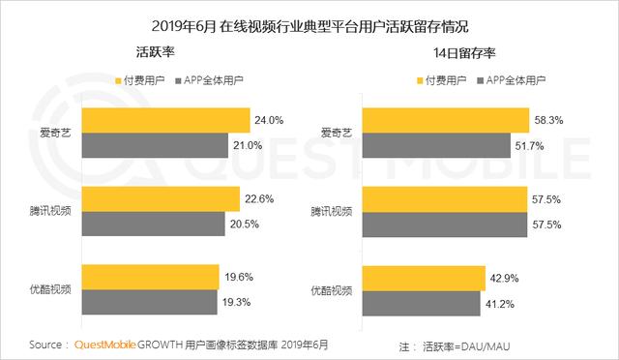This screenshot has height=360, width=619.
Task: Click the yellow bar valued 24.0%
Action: [x=165, y=121]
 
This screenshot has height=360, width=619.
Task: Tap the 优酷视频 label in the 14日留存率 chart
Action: [x=334, y=290]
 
